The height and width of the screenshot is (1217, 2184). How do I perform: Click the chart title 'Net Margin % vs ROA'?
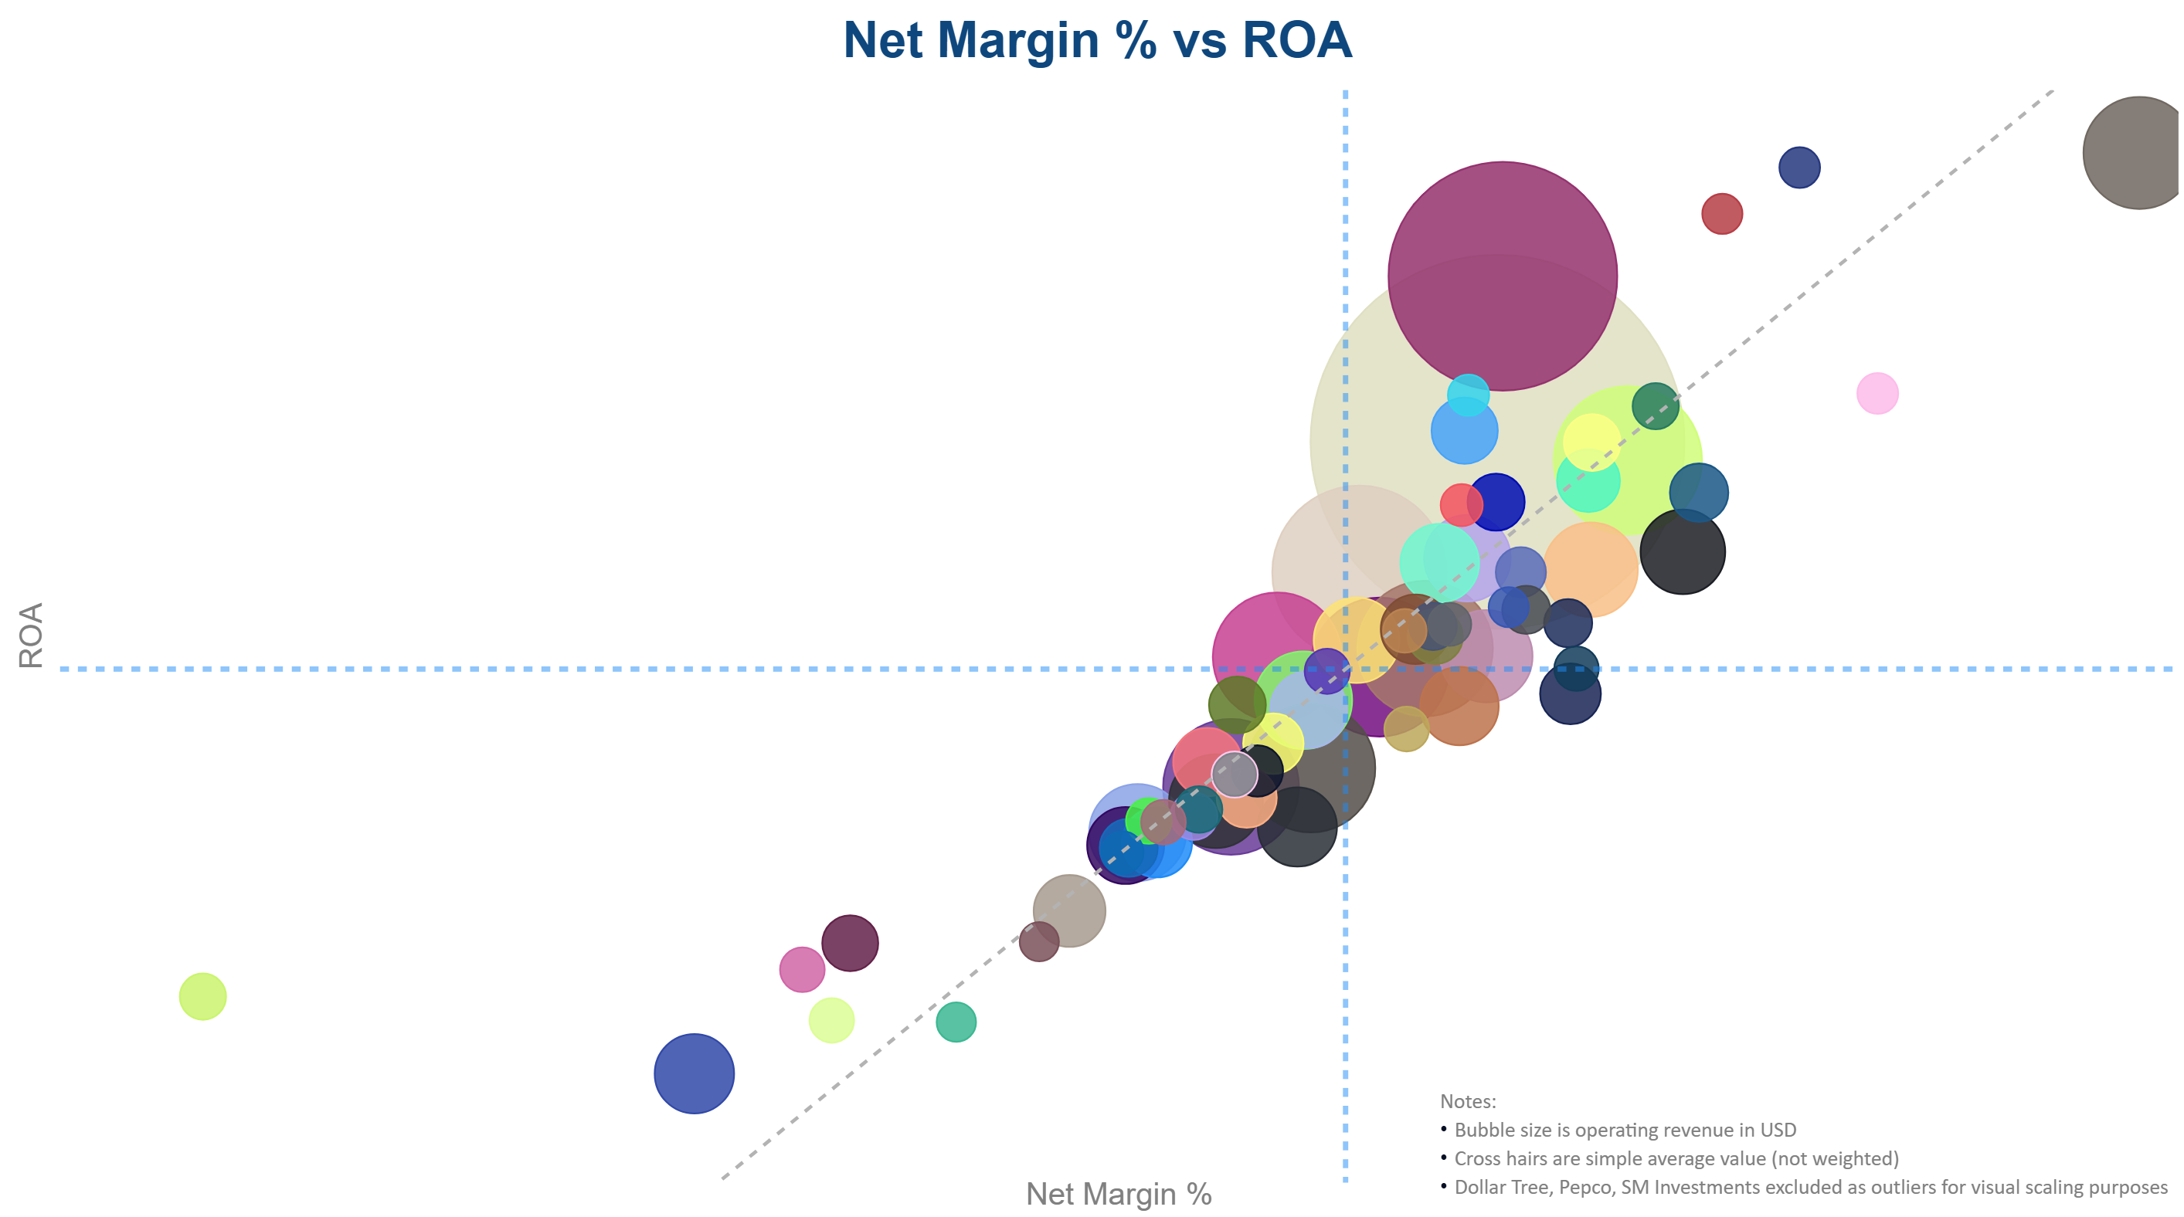[1097, 41]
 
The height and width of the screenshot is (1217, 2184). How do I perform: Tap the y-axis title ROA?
[31, 635]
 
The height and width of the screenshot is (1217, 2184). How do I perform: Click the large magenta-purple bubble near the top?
[1502, 276]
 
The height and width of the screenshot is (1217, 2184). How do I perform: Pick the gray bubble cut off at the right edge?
[2135, 153]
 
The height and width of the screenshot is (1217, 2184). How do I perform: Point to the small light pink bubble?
[1877, 393]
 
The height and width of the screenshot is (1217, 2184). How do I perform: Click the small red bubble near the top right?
[1721, 214]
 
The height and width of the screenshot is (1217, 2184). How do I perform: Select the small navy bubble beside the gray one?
[1798, 167]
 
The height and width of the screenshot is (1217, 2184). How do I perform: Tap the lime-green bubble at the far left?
[202, 996]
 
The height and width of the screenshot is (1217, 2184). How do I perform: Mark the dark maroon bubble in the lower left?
[850, 942]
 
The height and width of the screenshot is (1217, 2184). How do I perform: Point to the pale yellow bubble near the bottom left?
[830, 1019]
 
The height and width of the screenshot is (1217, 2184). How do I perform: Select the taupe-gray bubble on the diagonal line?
[1069, 910]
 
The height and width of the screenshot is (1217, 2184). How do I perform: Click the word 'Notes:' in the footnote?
[1468, 1101]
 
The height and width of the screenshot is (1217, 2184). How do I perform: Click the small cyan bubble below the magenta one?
[1468, 394]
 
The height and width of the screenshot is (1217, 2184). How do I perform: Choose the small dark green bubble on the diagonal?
[1654, 405]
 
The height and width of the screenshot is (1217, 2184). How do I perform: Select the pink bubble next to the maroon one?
[801, 970]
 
